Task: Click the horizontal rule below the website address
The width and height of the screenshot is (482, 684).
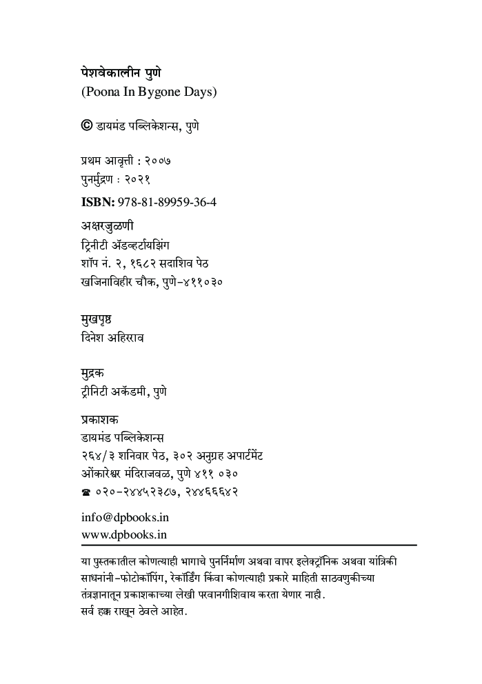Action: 248,545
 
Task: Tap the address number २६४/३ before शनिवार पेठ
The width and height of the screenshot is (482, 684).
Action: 99,456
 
